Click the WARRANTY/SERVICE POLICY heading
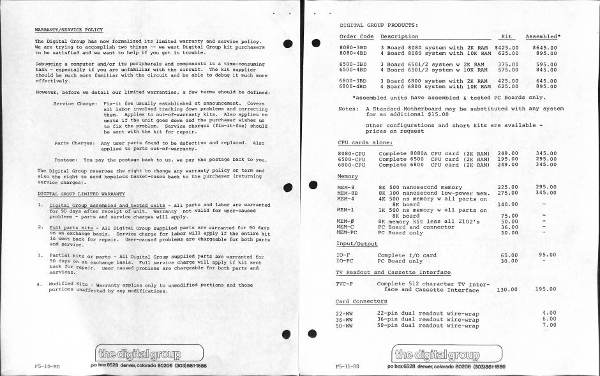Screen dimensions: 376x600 point(69,29)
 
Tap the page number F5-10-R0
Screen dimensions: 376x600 point(47,367)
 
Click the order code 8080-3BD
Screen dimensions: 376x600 point(351,48)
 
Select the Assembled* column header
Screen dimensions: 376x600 point(542,36)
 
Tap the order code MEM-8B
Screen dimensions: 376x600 point(348,192)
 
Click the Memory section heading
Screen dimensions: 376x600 point(347,176)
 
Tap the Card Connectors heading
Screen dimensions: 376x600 point(361,301)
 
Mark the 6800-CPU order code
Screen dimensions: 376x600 point(350,165)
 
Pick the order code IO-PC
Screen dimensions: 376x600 point(347,261)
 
